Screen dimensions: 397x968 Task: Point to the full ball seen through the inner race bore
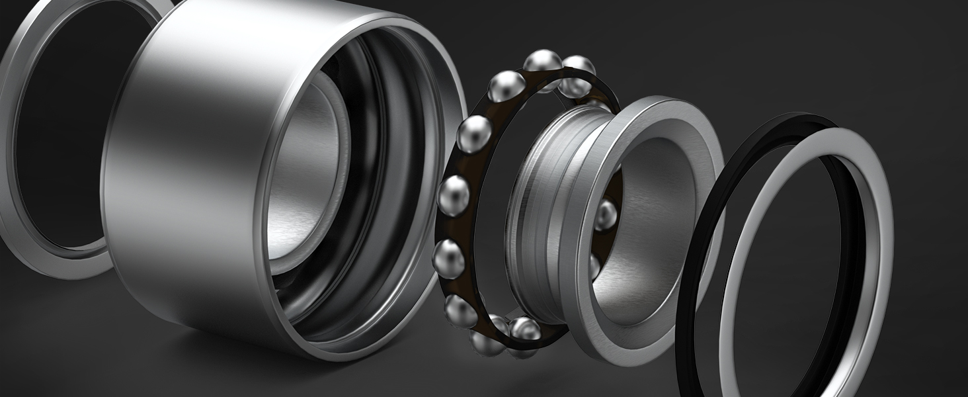(x=604, y=214)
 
